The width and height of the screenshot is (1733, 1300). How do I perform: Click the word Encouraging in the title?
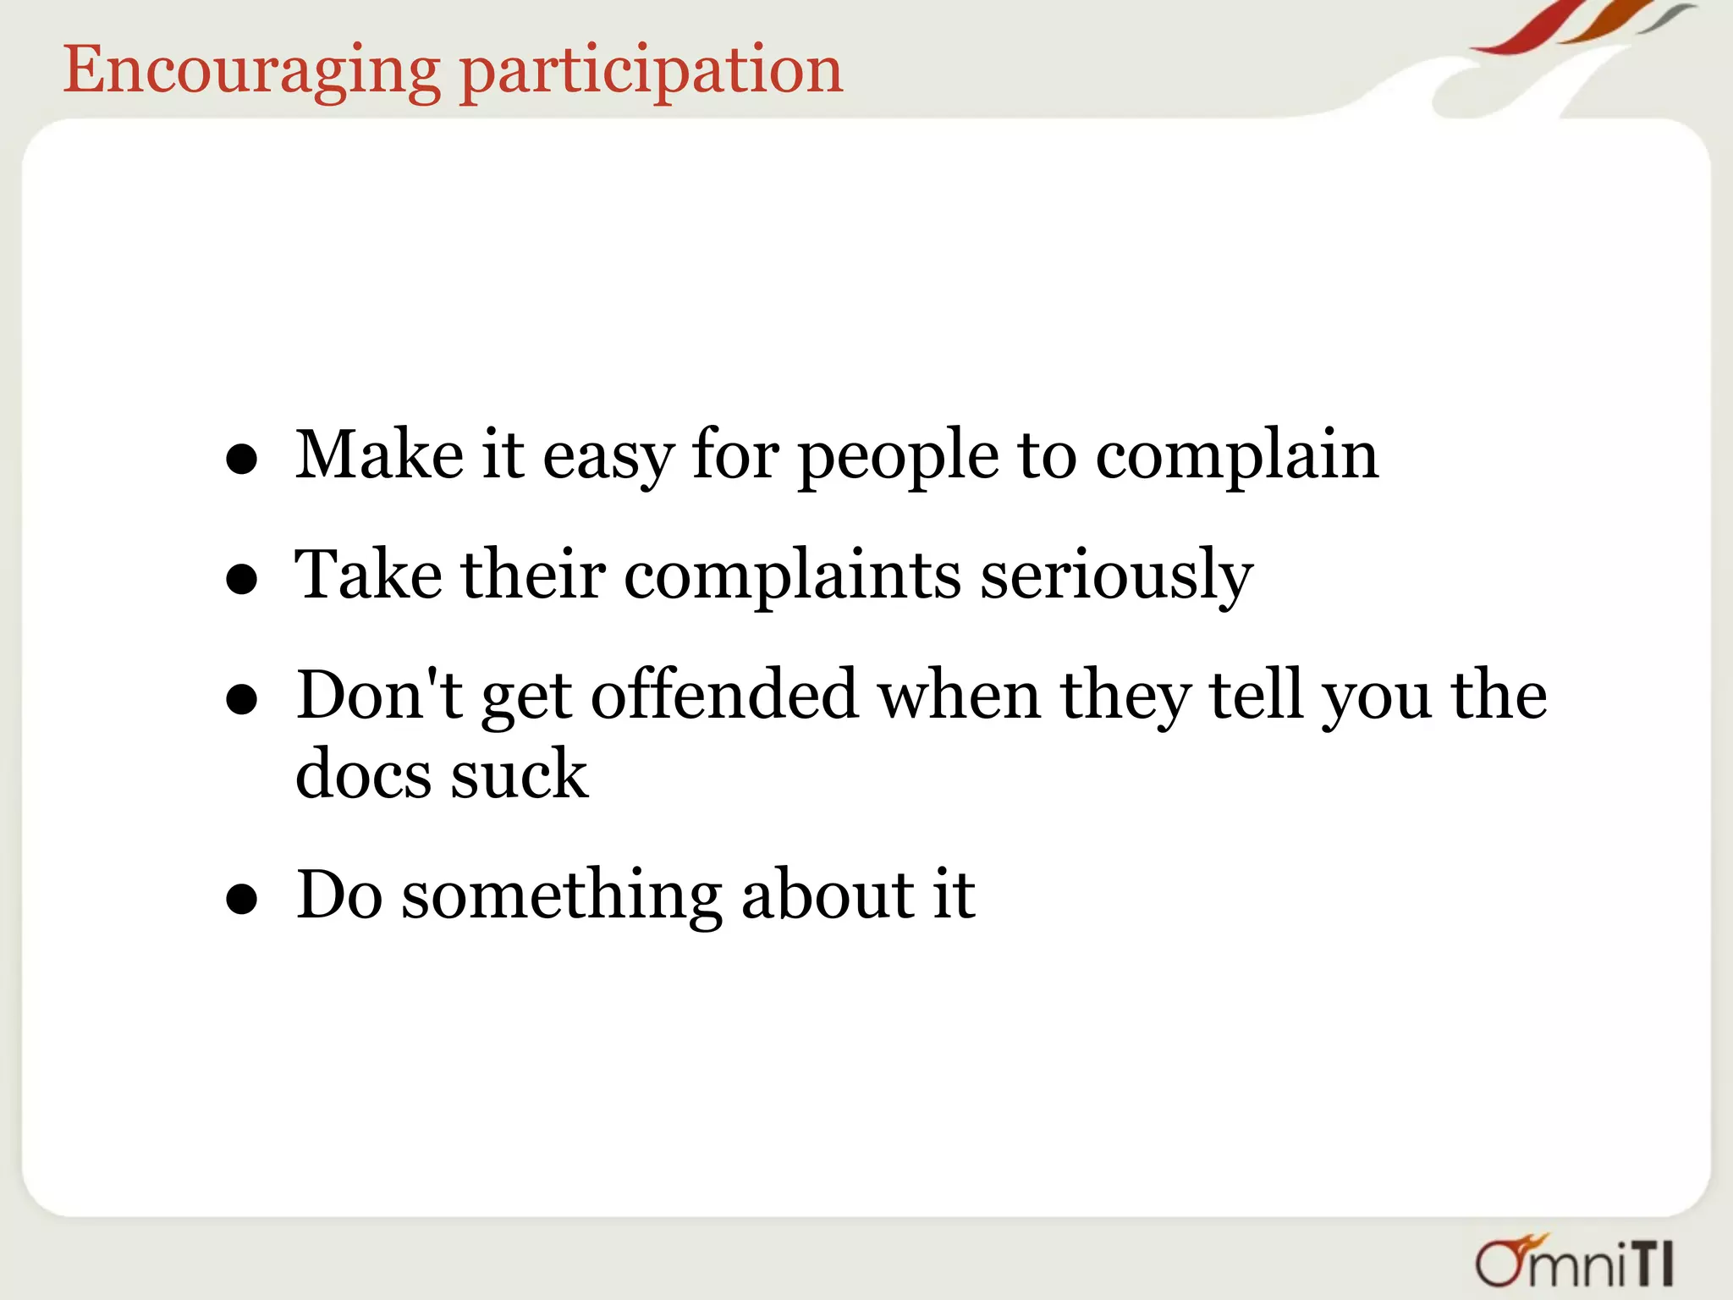(251, 72)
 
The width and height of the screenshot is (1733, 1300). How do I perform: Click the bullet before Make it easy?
(242, 460)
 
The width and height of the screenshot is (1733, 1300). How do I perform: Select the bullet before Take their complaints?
(242, 580)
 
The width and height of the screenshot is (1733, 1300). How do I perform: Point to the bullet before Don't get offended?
(242, 700)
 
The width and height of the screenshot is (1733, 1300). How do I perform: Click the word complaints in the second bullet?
(792, 578)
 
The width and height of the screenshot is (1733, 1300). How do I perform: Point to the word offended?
(724, 697)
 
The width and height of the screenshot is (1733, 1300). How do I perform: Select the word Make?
(378, 456)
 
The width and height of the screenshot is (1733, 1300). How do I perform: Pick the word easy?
(608, 458)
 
